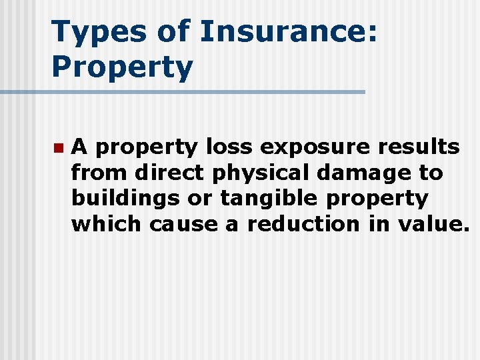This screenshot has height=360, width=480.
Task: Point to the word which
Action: (107, 225)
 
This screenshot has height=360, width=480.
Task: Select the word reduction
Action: (303, 225)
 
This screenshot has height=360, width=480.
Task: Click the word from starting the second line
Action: (100, 173)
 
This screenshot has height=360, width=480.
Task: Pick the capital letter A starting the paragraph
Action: (79, 147)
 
